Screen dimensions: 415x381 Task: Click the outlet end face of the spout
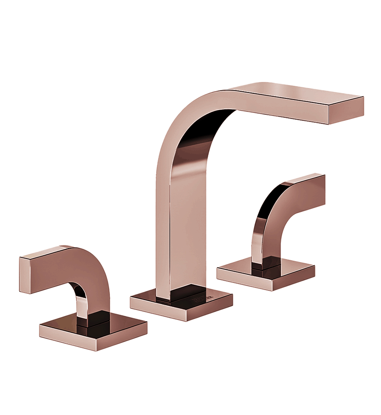(x=346, y=110)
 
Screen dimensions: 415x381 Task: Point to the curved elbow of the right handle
(x=270, y=199)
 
